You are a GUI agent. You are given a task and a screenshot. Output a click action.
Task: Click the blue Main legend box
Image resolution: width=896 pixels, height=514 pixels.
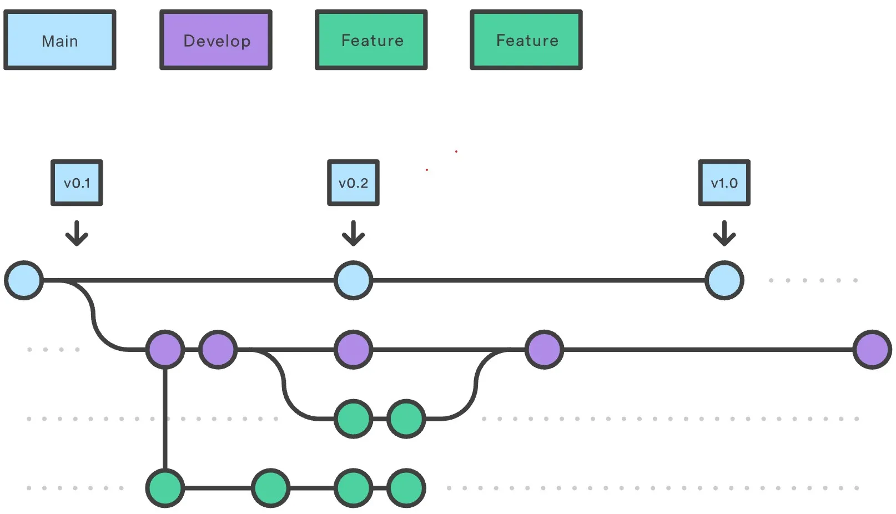pos(60,41)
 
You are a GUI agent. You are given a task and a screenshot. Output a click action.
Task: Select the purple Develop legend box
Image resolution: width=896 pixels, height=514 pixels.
pos(216,41)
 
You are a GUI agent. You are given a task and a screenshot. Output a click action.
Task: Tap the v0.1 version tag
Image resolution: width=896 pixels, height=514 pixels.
pos(77,183)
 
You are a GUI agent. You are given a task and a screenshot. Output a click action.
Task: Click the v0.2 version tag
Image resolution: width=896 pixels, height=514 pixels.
pos(353,183)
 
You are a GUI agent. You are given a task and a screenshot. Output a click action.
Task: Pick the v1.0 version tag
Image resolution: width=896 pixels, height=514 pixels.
pos(724,183)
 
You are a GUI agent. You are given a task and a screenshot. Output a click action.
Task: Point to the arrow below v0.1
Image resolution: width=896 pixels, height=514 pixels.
pos(77,233)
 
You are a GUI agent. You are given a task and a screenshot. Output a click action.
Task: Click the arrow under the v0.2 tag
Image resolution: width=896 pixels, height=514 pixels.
pos(353,233)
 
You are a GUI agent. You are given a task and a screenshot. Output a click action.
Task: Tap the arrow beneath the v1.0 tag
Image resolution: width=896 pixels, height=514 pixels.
pos(724,233)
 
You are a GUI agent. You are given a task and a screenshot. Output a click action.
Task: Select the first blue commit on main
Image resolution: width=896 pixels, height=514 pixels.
pos(24,280)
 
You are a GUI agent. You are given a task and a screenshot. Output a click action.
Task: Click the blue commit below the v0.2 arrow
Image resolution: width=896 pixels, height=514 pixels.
pos(353,280)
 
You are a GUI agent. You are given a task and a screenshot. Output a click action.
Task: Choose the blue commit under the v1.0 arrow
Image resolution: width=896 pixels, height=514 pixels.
pos(724,280)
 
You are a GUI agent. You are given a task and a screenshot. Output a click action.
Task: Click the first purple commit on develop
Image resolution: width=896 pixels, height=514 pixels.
pos(165,350)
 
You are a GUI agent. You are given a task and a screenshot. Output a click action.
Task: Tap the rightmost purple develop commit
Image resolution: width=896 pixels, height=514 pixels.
pos(872,350)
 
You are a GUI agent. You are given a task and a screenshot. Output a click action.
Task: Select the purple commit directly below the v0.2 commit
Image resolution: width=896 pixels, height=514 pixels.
pos(353,350)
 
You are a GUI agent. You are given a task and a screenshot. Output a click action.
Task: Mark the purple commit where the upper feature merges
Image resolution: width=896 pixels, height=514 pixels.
pos(544,350)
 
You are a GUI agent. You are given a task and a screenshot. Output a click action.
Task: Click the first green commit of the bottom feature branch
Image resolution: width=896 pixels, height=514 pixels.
pos(165,488)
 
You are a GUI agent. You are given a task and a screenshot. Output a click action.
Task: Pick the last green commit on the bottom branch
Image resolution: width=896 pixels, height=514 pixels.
pos(406,488)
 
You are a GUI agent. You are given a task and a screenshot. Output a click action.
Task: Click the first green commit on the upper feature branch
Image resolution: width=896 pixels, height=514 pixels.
pos(353,419)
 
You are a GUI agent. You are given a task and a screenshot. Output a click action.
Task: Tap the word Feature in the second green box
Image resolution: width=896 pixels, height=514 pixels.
pos(527,41)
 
